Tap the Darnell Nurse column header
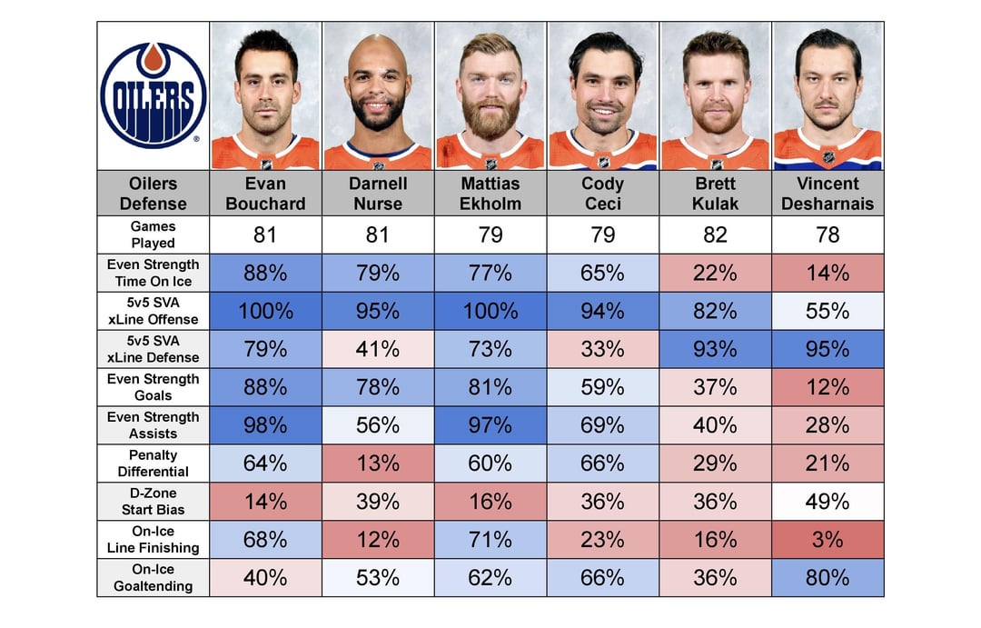[378, 193]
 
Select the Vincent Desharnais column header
[827, 193]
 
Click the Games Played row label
[153, 234]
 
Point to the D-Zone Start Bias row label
[153, 502]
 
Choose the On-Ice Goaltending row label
[153, 578]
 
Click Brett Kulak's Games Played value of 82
[715, 234]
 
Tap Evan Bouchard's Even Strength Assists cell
[265, 425]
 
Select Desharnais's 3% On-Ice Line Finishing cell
[827, 540]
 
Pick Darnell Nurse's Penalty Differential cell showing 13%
[378, 464]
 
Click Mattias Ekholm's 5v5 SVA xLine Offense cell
[490, 311]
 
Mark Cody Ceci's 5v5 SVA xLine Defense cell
[602, 349]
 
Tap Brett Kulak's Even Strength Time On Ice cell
[715, 273]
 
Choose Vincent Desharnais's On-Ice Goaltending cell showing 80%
[827, 578]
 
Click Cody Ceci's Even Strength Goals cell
[602, 387]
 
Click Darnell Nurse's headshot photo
[378, 95]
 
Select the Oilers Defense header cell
[153, 193]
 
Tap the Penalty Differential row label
[153, 464]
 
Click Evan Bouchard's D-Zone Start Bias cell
[265, 502]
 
